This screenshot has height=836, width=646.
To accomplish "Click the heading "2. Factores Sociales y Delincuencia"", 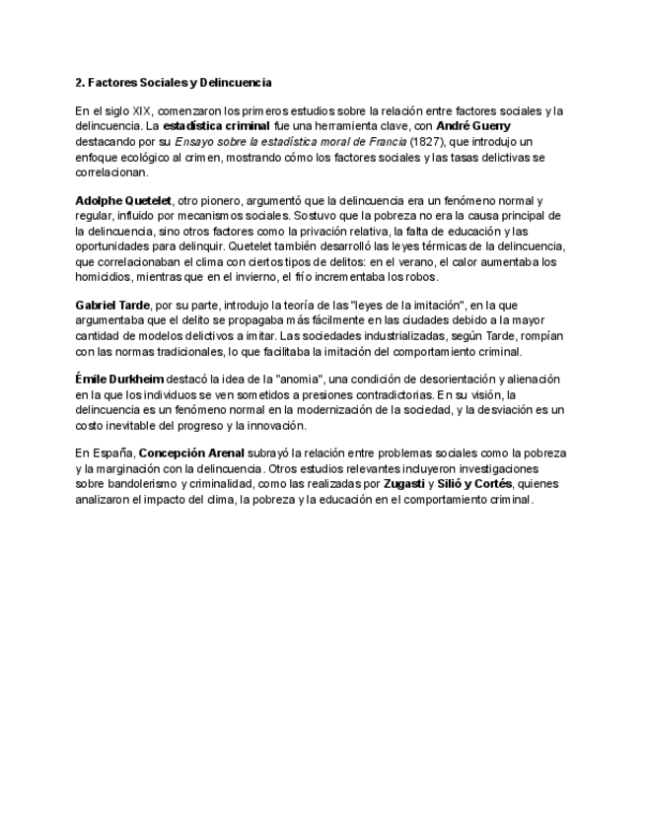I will [174, 82].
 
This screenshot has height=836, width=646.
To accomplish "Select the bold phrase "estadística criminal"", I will [216, 127].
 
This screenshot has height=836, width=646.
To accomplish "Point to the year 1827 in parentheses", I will [396, 142].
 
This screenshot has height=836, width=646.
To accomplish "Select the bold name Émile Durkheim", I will [119, 379].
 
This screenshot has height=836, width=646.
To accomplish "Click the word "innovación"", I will [277, 425].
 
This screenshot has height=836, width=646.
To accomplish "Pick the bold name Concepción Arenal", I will [191, 453].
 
